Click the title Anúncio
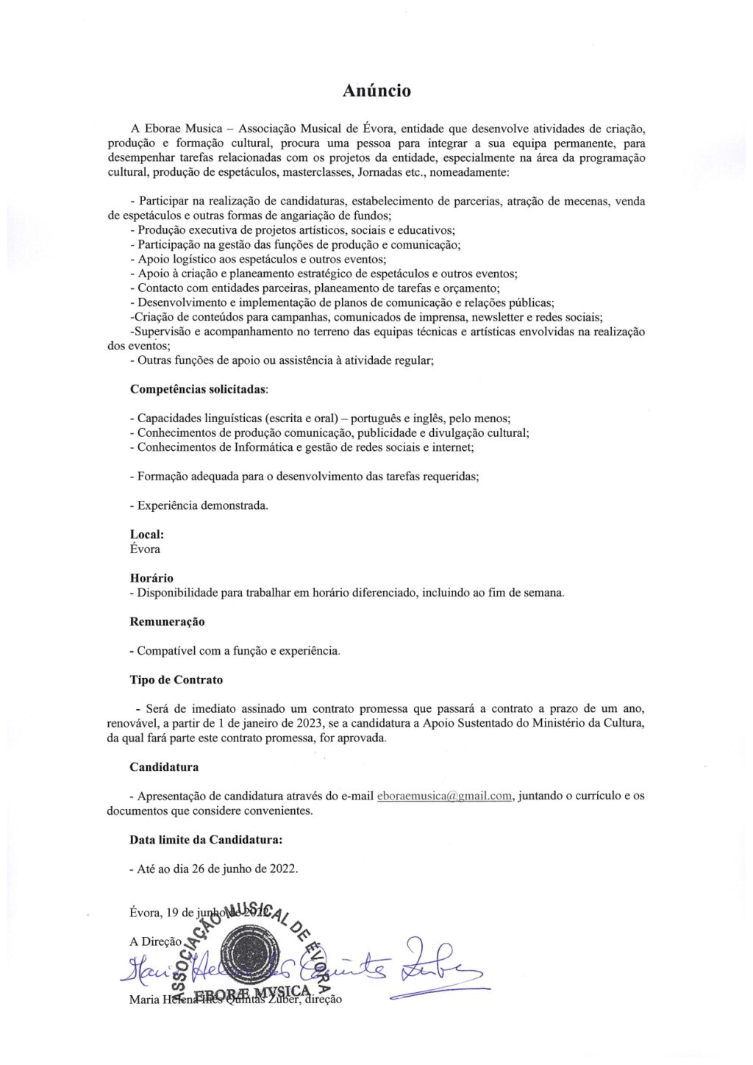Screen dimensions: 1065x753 coord(376,90)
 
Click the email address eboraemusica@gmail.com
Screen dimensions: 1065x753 coord(444,796)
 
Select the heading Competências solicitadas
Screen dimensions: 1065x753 coord(199,389)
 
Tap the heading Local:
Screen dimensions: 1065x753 coord(147,535)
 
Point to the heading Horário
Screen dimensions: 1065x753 coord(151,578)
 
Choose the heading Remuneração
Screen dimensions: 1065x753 coord(167,621)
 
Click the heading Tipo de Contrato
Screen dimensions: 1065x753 coord(176,680)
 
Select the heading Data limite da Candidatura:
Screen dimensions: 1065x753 coord(206,839)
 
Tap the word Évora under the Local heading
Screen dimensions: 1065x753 coord(145,549)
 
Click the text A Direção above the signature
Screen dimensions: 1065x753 coord(155,941)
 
